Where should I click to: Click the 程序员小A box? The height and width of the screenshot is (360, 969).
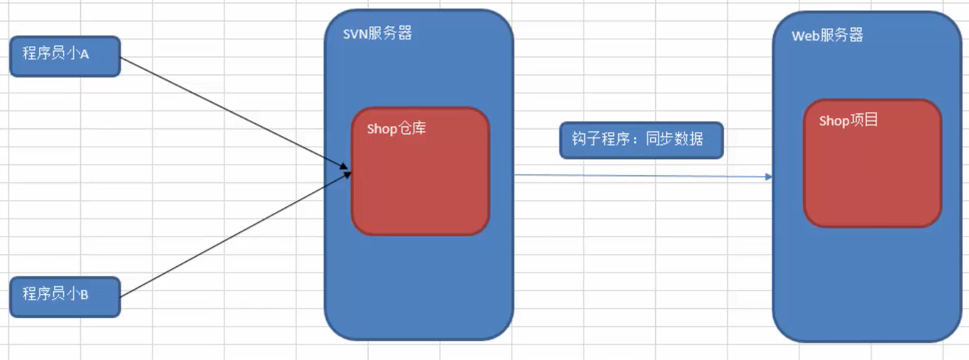(x=65, y=55)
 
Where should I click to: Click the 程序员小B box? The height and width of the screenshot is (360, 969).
(x=65, y=296)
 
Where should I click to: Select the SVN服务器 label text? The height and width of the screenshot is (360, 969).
(x=377, y=33)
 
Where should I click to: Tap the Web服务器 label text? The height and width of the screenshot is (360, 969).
(x=827, y=36)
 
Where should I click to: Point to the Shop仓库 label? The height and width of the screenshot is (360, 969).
(x=396, y=129)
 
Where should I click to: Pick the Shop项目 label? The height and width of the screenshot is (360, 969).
(x=848, y=121)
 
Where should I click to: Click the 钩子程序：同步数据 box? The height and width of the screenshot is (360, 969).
(x=640, y=140)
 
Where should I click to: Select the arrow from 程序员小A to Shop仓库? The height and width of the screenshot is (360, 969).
(x=234, y=114)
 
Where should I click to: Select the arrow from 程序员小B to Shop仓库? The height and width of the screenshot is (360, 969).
(x=234, y=234)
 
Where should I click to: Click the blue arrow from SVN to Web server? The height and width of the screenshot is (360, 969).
(x=639, y=175)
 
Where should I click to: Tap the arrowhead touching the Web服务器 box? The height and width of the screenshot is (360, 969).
(x=769, y=176)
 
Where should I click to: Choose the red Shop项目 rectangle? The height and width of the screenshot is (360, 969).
(x=872, y=178)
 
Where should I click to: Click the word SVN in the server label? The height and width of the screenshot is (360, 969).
(x=355, y=33)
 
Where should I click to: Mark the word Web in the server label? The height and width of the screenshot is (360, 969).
(x=805, y=36)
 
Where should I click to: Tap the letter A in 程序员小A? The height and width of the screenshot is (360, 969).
(x=84, y=55)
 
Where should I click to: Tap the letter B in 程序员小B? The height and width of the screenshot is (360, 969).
(x=84, y=295)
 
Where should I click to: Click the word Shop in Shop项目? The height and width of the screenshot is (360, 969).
(x=833, y=121)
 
